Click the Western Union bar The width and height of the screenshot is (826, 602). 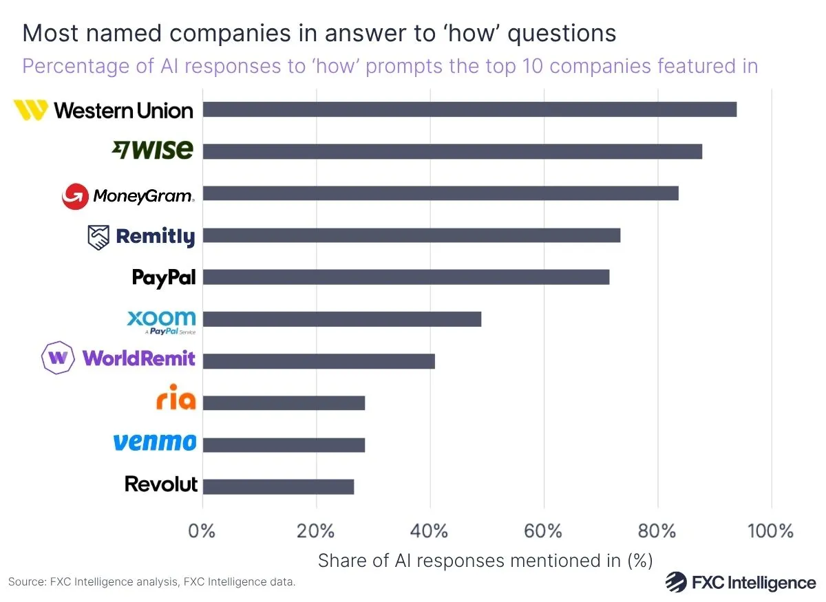[469, 109]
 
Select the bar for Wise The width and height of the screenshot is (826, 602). [452, 151]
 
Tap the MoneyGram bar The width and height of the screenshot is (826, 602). [441, 193]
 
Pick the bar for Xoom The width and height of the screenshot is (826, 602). [342, 319]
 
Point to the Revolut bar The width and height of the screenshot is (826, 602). [278, 486]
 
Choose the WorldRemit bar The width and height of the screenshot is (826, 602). [319, 361]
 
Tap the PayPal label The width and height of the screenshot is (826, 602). [164, 278]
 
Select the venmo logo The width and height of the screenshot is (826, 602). [154, 442]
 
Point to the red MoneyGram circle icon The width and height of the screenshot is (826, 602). [75, 197]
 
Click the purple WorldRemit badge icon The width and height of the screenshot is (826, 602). [59, 358]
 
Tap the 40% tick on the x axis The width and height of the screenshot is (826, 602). [430, 531]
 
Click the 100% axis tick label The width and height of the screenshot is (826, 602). [771, 531]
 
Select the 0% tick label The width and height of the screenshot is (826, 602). [203, 531]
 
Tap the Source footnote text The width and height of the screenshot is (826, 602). [151, 582]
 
